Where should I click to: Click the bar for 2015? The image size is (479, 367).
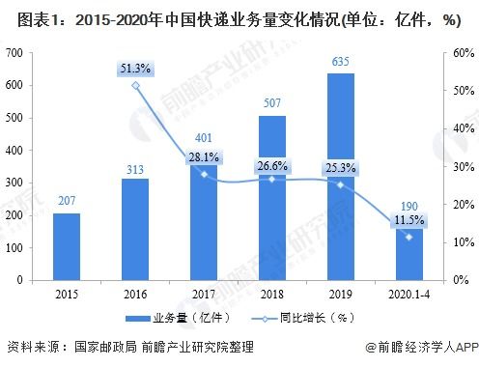(67, 246)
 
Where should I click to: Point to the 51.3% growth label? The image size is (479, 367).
(135, 67)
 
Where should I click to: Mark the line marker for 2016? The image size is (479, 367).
(135, 85)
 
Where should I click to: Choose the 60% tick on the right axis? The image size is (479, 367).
(447, 52)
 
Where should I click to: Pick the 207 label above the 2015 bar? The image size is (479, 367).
(67, 201)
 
